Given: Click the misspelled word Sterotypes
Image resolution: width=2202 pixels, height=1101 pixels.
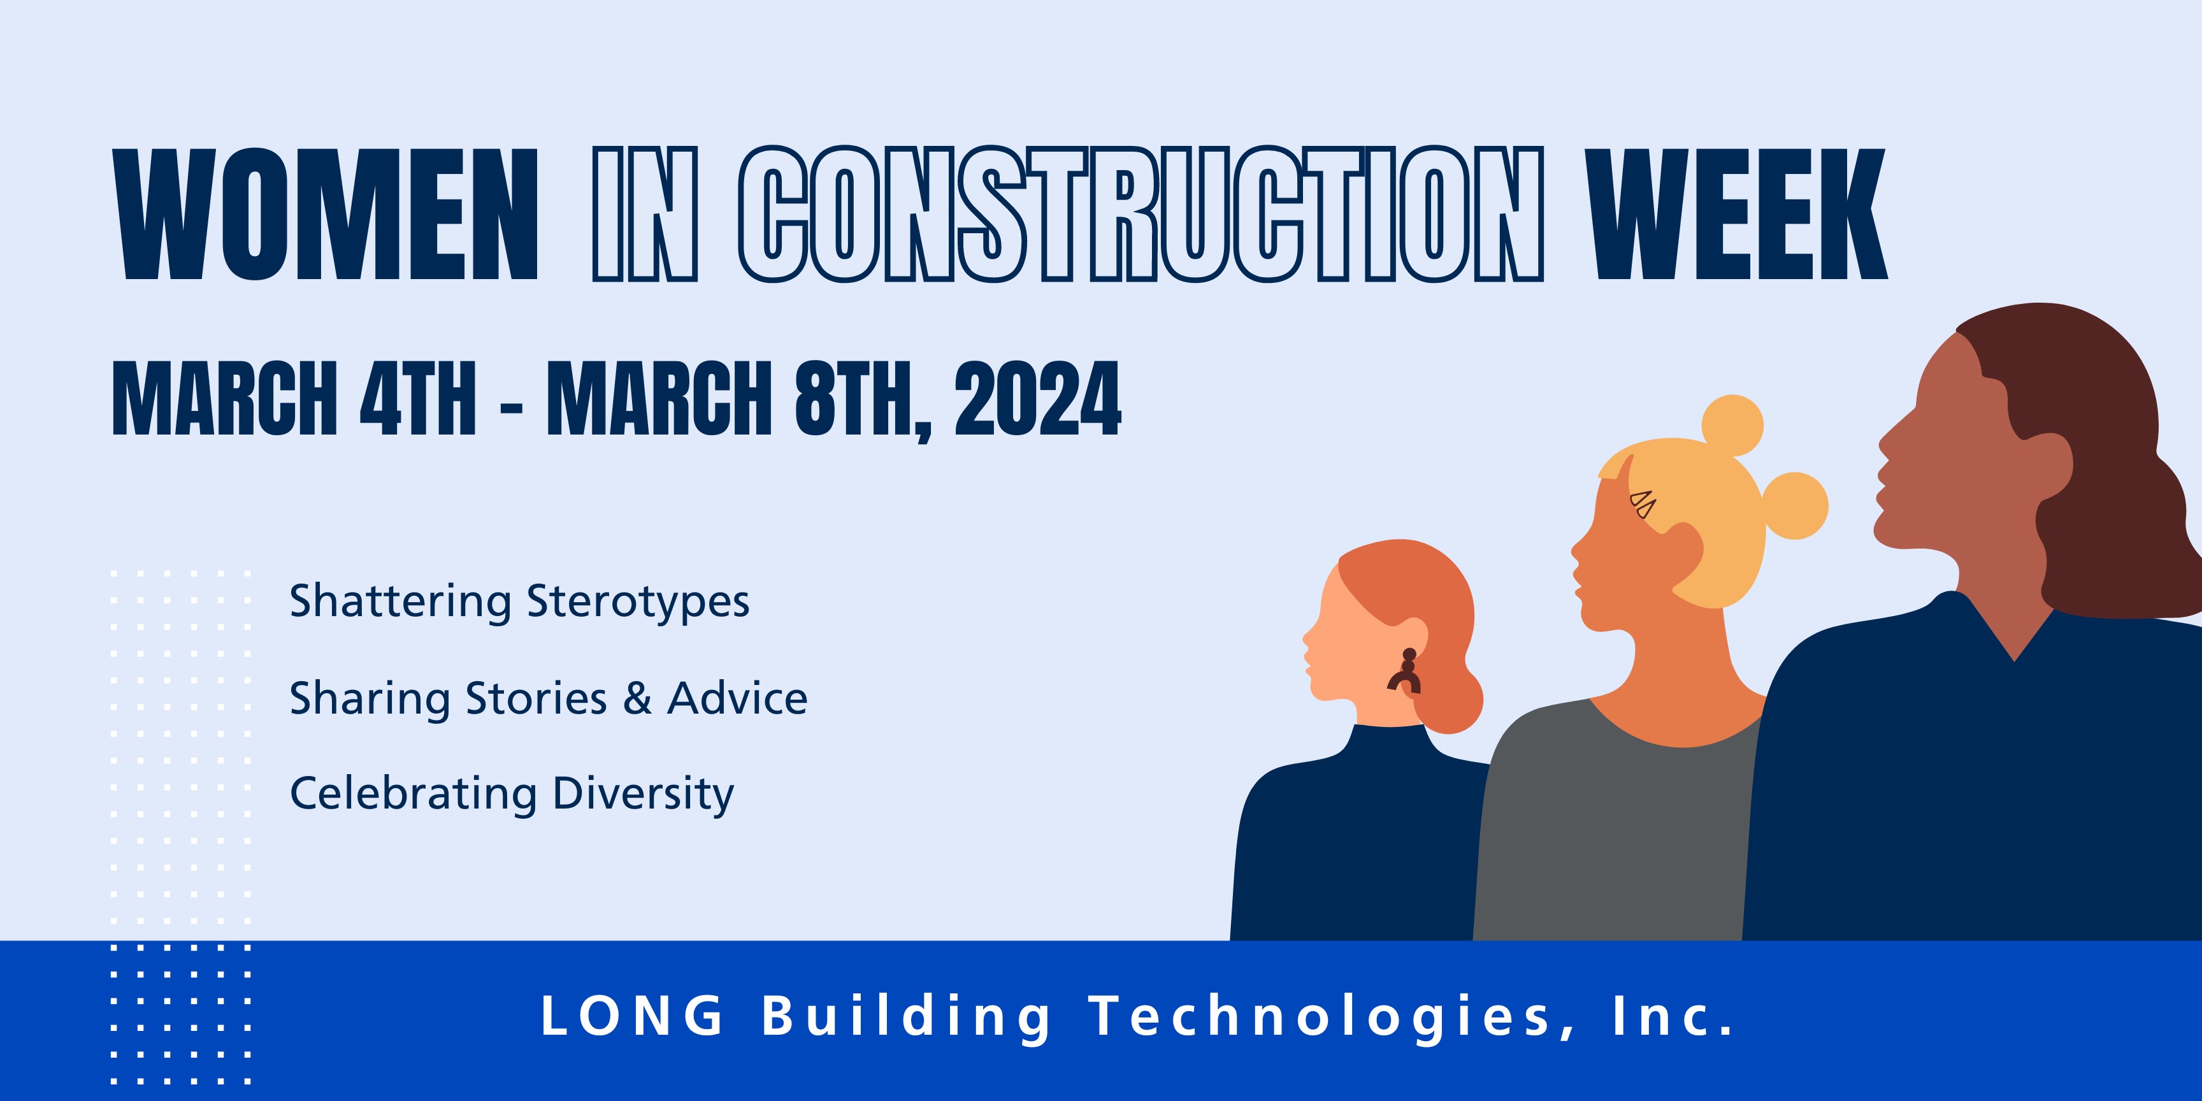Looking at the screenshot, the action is coord(638,601).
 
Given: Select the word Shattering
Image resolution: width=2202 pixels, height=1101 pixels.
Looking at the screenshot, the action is coord(400,601).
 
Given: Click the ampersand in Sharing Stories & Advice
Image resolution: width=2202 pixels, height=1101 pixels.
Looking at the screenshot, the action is coord(638,698).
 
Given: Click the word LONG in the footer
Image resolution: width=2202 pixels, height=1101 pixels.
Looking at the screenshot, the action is coord(633,1016).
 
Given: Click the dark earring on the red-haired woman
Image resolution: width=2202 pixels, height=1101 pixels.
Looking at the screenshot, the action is coord(1404,670).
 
